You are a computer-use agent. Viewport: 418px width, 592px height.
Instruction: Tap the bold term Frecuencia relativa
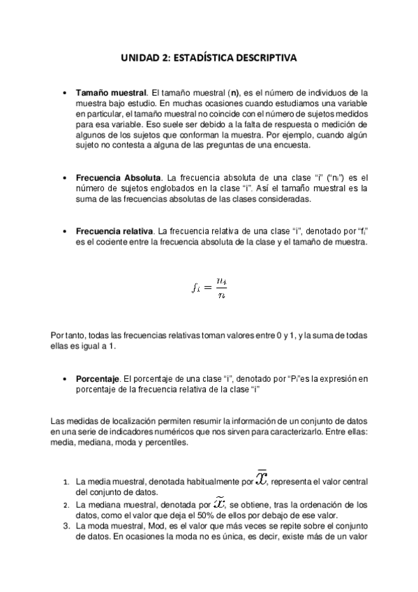(114, 231)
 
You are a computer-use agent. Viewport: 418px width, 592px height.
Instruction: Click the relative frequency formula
(209, 286)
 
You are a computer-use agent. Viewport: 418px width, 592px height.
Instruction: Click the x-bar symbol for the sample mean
(262, 479)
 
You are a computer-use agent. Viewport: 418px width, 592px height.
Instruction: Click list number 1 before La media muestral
(66, 482)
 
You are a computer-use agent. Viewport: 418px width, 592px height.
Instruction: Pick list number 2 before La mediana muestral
(66, 505)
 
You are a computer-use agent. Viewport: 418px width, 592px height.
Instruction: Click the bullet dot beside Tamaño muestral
(65, 92)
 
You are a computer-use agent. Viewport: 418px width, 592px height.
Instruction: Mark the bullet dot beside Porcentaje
(65, 379)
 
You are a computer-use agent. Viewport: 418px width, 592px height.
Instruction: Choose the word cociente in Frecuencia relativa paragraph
(115, 242)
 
